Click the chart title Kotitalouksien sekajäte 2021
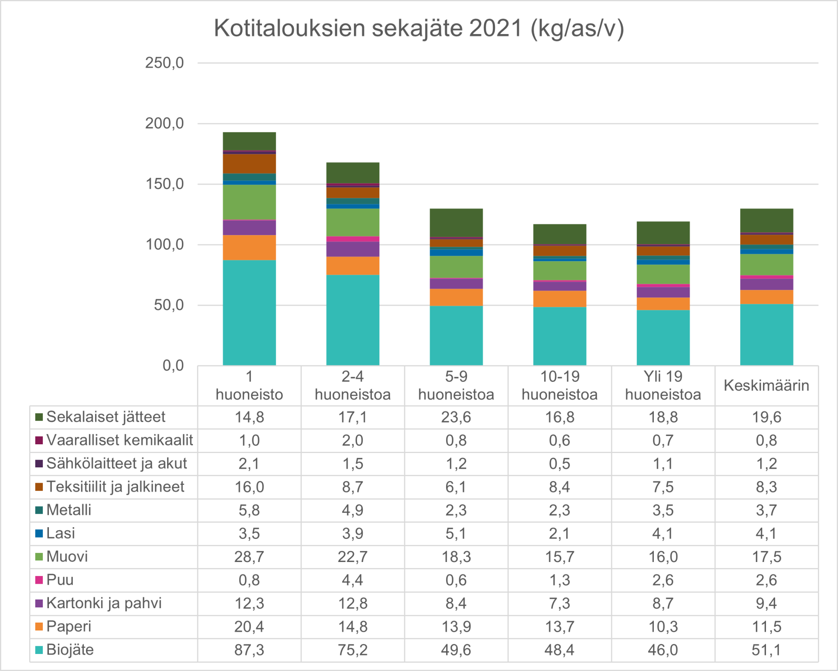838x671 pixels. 419,29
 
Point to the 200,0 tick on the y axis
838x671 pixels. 165,124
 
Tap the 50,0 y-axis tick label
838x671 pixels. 168,305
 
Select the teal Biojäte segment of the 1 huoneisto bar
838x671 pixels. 249,312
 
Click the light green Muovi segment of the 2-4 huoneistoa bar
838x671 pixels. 353,222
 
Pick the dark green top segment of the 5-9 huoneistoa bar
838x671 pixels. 456,222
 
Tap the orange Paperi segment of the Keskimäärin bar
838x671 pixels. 766,297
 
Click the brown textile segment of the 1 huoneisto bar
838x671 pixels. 249,164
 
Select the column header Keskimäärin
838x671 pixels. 766,385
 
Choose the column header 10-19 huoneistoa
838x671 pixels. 560,385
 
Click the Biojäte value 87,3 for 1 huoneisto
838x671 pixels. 249,650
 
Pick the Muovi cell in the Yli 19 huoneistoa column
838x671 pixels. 663,557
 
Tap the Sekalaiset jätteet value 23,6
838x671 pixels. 456,417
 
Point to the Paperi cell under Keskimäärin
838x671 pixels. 766,627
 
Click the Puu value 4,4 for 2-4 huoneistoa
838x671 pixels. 353,580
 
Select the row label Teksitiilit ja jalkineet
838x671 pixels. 115,487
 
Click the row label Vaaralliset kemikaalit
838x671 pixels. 120,440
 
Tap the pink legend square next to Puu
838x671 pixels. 39,580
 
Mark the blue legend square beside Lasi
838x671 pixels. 39,533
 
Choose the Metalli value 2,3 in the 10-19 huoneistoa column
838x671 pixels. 560,510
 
